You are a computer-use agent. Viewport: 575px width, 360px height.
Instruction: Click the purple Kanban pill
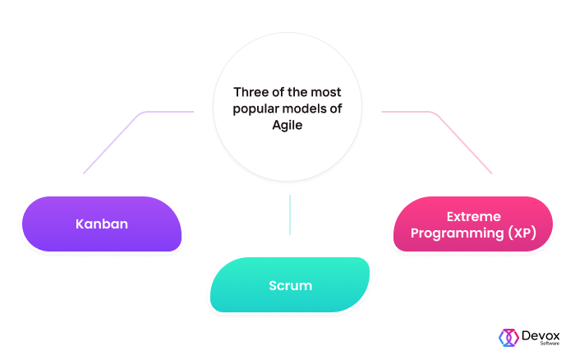coord(102,224)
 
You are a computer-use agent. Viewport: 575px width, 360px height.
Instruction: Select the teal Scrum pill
coord(290,284)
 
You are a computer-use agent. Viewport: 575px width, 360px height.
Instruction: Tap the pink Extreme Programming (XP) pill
coord(473,224)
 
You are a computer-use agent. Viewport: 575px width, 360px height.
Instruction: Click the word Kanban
coord(102,224)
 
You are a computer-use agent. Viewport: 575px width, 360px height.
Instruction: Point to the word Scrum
coord(291,285)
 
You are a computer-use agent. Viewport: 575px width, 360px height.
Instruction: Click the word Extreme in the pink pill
coord(473,216)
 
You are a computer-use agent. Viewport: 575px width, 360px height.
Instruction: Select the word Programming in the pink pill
coord(457,233)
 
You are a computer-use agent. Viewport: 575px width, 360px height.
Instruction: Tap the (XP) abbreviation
coord(522,233)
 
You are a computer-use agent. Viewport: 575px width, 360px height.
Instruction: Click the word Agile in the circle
coord(287,125)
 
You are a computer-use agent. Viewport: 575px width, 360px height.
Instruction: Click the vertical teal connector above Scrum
coord(290,215)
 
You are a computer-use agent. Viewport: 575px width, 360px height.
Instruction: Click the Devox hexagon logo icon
coord(508,338)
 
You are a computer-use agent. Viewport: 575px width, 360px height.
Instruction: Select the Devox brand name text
coord(540,335)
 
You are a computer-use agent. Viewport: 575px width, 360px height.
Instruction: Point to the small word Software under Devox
coord(550,344)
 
